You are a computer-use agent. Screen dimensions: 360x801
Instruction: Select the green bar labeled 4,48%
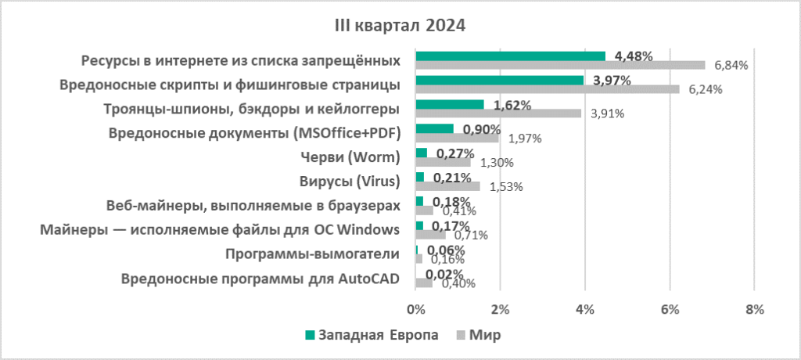(510, 56)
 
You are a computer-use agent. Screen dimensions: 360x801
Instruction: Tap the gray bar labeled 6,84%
(560, 65)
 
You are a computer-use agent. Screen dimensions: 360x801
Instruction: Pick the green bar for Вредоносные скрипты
(499, 80)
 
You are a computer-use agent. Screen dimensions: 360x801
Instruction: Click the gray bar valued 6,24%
(548, 89)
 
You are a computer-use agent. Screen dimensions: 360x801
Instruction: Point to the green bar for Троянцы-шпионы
(450, 104)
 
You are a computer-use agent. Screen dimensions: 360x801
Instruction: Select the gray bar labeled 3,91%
(498, 113)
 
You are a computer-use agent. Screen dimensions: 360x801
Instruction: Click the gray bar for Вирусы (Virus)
(447, 186)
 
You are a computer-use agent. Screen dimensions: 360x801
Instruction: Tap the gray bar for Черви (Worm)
(443, 162)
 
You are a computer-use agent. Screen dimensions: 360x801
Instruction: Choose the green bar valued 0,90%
(434, 128)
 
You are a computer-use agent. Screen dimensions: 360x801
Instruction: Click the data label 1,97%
(526, 139)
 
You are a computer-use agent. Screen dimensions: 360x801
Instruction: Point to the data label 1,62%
(512, 105)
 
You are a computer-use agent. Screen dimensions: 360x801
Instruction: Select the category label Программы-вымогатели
(312, 254)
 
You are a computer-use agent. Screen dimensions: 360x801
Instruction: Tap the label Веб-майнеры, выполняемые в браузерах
(253, 205)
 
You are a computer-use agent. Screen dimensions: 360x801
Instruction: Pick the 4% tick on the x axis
(584, 309)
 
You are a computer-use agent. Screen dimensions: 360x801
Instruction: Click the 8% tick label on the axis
(754, 309)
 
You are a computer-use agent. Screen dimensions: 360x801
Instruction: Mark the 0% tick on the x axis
(415, 309)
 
